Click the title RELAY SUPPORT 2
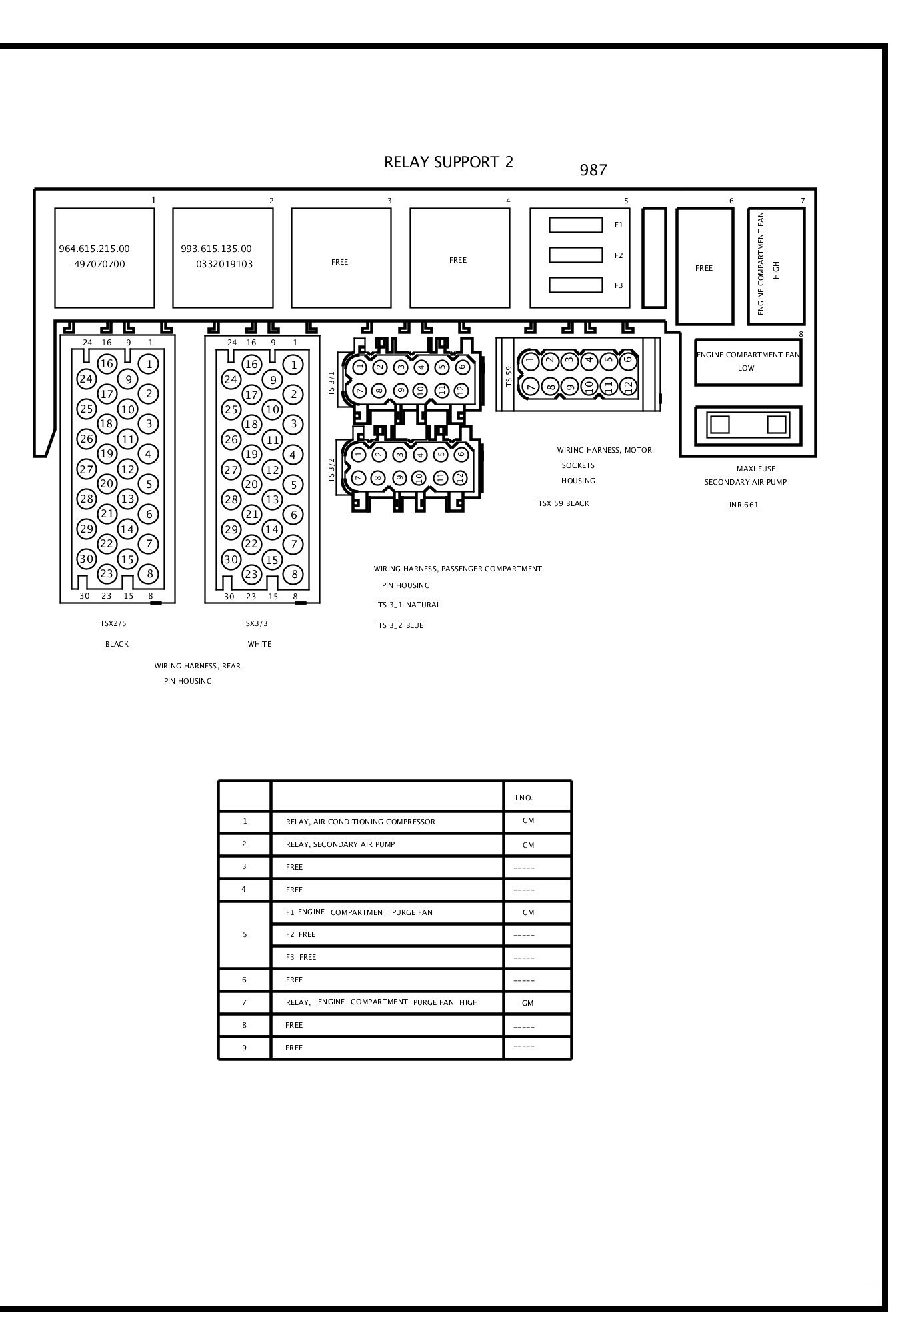click(x=448, y=162)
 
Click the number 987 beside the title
click(x=593, y=170)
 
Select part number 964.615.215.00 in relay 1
click(x=95, y=249)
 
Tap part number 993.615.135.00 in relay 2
click(x=216, y=249)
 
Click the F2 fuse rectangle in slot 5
click(x=575, y=255)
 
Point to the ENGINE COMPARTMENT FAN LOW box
click(x=747, y=361)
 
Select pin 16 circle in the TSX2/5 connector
click(x=107, y=363)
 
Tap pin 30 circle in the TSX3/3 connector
click(x=231, y=559)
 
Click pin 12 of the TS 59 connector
click(x=627, y=385)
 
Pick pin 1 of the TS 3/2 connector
click(x=359, y=455)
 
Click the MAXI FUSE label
click(x=755, y=469)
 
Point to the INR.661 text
click(x=743, y=505)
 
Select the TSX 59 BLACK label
click(x=563, y=503)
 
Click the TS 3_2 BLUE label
click(x=400, y=625)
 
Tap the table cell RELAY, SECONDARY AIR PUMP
click(x=340, y=844)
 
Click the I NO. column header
click(x=523, y=798)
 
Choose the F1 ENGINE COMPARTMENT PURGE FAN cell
click(x=359, y=912)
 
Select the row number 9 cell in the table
click(x=244, y=1048)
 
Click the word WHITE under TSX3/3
click(x=259, y=644)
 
